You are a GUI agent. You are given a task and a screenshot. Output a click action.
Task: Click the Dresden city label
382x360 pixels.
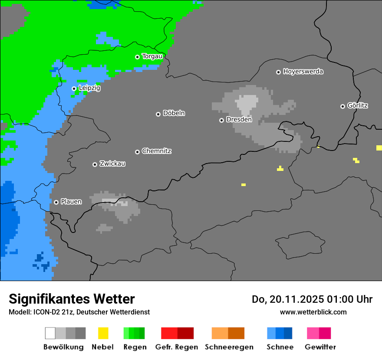coord(239,120)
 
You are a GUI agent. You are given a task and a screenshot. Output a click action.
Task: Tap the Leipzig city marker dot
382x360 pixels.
coord(74,88)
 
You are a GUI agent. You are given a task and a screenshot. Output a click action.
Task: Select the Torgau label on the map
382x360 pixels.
coord(152,56)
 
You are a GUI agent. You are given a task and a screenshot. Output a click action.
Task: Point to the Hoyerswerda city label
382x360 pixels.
coord(303,72)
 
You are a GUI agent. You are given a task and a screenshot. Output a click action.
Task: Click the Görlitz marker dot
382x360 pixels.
coord(342,106)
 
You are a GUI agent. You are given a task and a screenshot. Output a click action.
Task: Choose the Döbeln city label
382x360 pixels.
coord(174,113)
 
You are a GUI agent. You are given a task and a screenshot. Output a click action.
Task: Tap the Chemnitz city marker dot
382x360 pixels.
coord(137,152)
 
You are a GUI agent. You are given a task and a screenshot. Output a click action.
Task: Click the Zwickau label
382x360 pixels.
coord(112,164)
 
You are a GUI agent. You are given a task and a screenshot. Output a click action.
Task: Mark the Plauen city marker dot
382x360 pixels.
coord(56,202)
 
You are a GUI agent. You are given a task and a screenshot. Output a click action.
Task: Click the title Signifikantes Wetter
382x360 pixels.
coord(72,299)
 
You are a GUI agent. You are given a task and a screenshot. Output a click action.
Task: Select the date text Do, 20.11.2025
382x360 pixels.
coord(286,299)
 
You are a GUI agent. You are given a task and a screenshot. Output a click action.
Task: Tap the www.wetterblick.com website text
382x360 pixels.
coord(313,312)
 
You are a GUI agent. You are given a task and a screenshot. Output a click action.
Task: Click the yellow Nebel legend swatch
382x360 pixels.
coord(103,333)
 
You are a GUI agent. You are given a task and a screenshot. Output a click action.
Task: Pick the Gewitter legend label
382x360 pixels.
coord(320,347)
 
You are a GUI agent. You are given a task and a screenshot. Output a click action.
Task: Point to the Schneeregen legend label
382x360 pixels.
coord(229,347)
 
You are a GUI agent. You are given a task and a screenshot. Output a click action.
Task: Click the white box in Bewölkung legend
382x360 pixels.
coord(50,333)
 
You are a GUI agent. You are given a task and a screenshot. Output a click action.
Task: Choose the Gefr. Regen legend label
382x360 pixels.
coord(177,347)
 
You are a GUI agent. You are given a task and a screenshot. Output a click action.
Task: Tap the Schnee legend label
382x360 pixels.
coord(280,347)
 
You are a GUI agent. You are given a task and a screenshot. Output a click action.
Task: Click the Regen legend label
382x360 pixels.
coord(134,347)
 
